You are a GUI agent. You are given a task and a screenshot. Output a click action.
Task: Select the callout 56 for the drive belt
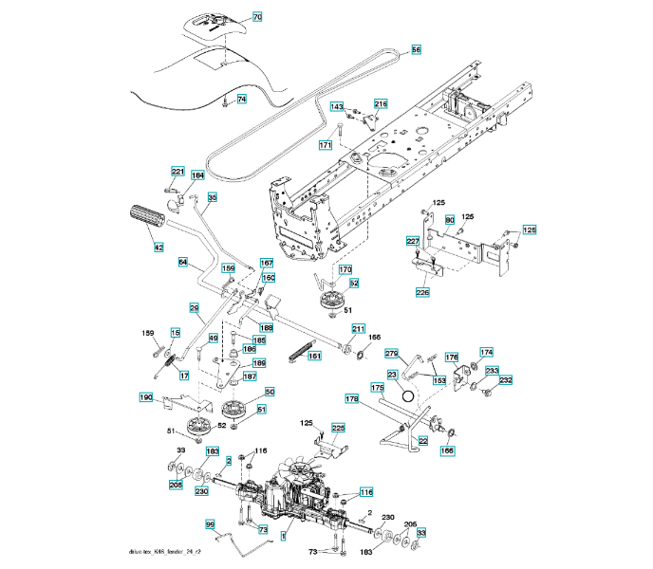click(x=416, y=49)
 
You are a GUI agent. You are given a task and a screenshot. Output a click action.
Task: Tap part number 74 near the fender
click(x=241, y=99)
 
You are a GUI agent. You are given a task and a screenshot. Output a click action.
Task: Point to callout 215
click(x=381, y=104)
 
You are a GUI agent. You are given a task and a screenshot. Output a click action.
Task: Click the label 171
click(x=326, y=146)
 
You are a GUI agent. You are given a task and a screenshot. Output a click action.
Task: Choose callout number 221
click(x=177, y=172)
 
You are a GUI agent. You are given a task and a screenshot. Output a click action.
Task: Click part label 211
click(x=358, y=329)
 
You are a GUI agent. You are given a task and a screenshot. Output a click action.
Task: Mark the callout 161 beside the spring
click(x=314, y=356)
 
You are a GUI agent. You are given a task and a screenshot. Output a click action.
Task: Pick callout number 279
click(x=391, y=354)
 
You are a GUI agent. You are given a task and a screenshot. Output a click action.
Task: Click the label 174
click(x=486, y=352)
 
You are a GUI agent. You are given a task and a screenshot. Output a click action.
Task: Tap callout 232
click(x=506, y=380)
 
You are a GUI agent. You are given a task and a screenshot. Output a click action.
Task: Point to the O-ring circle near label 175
click(x=408, y=395)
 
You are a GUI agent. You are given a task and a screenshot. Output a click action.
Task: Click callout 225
click(x=339, y=429)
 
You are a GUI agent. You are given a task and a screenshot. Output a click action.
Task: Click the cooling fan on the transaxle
click(x=303, y=471)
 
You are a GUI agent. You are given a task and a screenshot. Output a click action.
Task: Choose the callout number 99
click(x=211, y=523)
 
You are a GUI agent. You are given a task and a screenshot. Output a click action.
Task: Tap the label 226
click(x=422, y=292)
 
